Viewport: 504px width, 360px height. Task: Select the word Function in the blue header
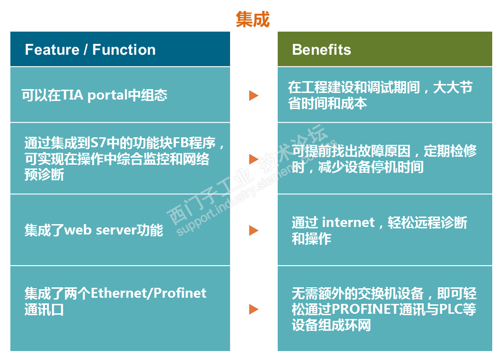(124, 50)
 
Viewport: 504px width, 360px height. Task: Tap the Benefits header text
(322, 50)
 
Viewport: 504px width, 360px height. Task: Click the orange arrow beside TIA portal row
(254, 95)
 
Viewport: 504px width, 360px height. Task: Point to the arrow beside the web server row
(254, 230)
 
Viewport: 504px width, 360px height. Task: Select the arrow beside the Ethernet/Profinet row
(254, 309)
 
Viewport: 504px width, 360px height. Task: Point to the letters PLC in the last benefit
(449, 310)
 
